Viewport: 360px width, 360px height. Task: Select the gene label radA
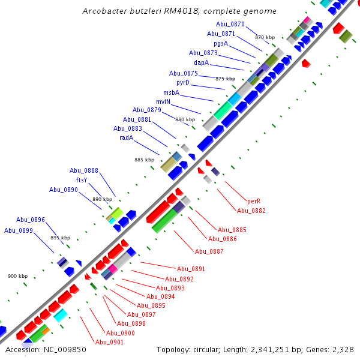(x=126, y=137)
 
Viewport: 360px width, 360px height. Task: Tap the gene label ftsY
(x=81, y=180)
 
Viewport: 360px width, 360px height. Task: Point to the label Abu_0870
(x=230, y=24)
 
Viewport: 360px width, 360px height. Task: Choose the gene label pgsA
(x=220, y=43)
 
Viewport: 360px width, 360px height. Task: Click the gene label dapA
(x=201, y=62)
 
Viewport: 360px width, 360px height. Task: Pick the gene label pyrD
(x=183, y=82)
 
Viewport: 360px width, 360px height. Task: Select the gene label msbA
(x=171, y=92)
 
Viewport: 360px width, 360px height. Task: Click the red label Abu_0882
(x=251, y=211)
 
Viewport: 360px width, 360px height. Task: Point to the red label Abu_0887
(x=209, y=251)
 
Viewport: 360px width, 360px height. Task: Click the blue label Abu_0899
(x=19, y=230)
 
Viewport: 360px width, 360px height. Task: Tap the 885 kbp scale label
(x=144, y=160)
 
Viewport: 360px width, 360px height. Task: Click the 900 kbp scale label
(x=17, y=276)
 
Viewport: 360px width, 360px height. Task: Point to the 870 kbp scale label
(x=265, y=37)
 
